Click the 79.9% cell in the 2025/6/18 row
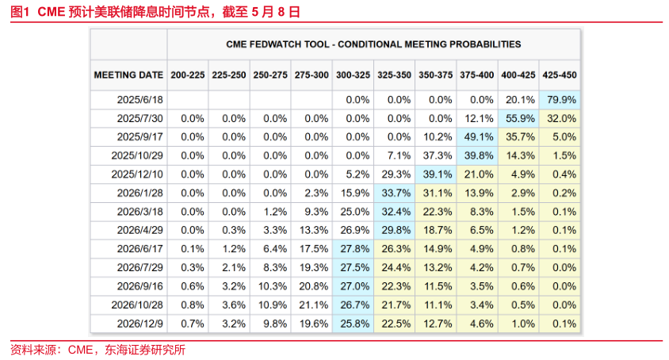click(560, 100)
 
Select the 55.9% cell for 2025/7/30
click(518, 119)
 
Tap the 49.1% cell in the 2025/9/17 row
click(477, 137)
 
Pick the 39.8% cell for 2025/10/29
click(477, 155)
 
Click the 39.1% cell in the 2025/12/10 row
click(436, 174)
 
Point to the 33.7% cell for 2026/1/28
click(395, 193)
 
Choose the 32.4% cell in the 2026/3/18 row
click(395, 212)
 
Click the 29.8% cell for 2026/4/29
click(395, 230)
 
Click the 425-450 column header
click(560, 75)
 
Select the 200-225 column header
click(188, 75)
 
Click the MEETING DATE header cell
click(128, 75)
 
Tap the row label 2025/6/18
click(140, 100)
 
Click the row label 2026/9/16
click(140, 286)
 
